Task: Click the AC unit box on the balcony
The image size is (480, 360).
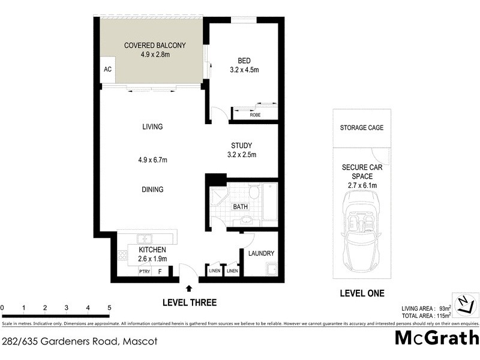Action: pyautogui.click(x=108, y=70)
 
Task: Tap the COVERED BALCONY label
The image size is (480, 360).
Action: pyautogui.click(x=154, y=45)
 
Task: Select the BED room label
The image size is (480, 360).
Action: pyautogui.click(x=244, y=61)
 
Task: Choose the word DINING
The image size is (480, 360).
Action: pyautogui.click(x=152, y=190)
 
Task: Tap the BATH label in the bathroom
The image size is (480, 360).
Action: pyautogui.click(x=240, y=207)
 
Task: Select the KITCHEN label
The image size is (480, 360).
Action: pyautogui.click(x=152, y=250)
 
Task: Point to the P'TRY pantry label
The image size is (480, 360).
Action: pyautogui.click(x=144, y=271)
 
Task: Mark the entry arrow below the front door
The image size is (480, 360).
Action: pyautogui.click(x=190, y=289)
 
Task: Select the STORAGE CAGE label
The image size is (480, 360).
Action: pyautogui.click(x=361, y=128)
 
